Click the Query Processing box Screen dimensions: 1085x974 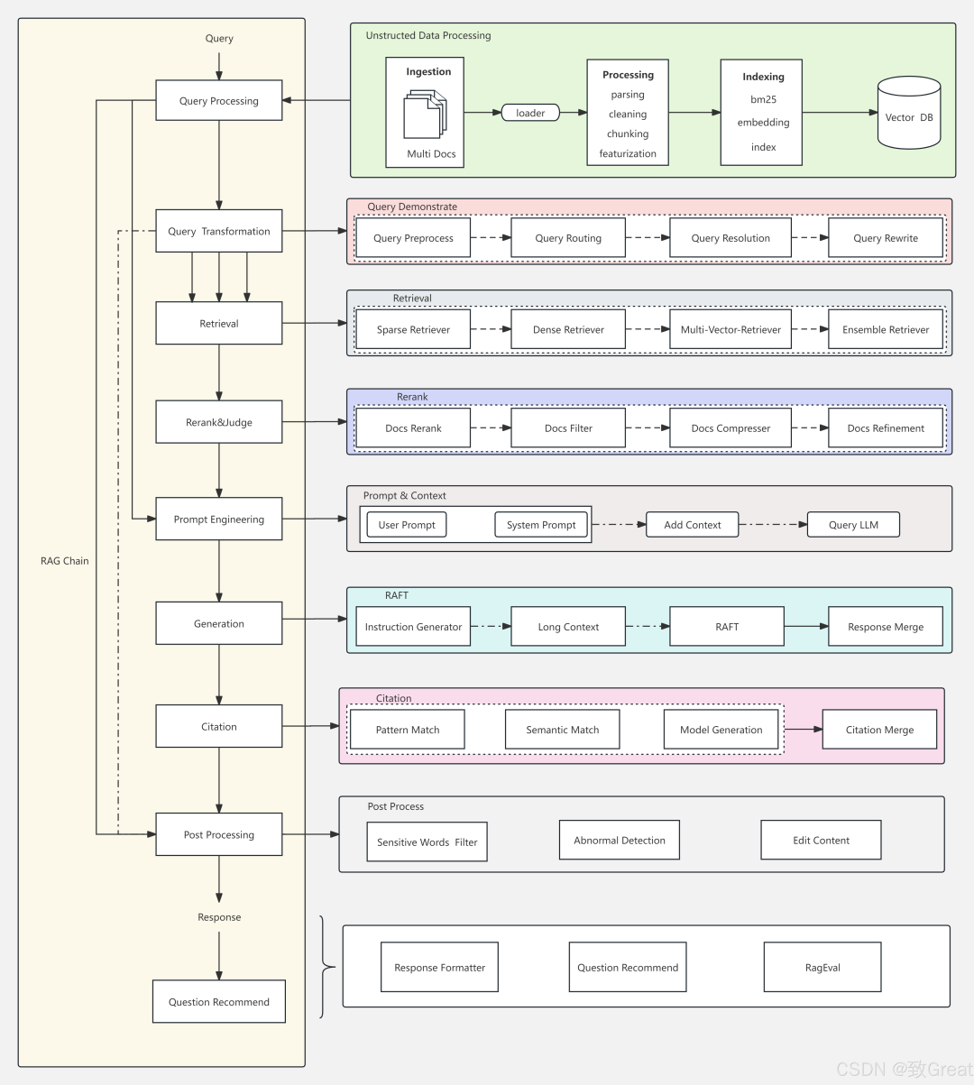pyautogui.click(x=218, y=101)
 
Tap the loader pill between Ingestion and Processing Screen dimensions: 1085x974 pyautogui.click(x=530, y=113)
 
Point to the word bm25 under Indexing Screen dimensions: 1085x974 pyautogui.click(x=763, y=99)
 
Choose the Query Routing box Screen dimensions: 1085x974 pyautogui.click(x=568, y=238)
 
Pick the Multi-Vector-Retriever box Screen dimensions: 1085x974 pyautogui.click(x=730, y=329)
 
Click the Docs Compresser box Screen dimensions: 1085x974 pyautogui.click(x=730, y=428)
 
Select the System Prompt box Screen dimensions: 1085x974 pyautogui.click(x=541, y=525)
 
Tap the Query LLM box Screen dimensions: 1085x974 pyautogui.click(x=853, y=525)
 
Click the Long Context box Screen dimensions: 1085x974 pyautogui.click(x=568, y=627)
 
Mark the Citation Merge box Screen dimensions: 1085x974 pyautogui.click(x=879, y=730)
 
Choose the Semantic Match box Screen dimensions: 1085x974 pyautogui.click(x=562, y=730)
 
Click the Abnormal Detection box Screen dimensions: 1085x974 pyautogui.click(x=620, y=841)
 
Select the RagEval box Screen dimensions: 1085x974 pyautogui.click(x=822, y=968)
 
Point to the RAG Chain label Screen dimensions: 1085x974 pyautogui.click(x=65, y=561)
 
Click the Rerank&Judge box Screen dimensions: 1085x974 pyautogui.click(x=218, y=422)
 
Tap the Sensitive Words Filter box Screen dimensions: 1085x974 pyautogui.click(x=427, y=842)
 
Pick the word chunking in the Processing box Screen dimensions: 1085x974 pyautogui.click(x=628, y=134)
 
